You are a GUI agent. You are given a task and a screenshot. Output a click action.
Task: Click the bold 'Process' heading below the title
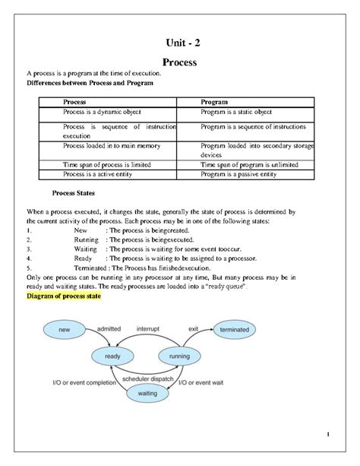point(179,62)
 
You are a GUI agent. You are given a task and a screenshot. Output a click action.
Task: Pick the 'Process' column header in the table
point(74,101)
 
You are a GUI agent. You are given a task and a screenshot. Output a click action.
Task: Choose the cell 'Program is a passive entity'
point(238,174)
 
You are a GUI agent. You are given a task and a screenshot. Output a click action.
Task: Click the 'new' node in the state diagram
point(65,329)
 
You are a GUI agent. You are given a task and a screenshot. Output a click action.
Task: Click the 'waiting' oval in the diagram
point(148,393)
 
